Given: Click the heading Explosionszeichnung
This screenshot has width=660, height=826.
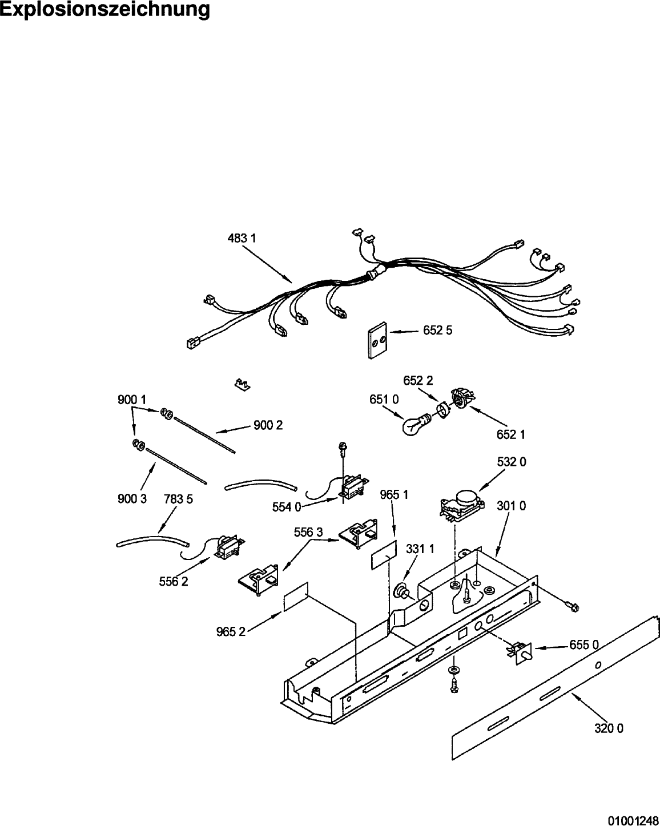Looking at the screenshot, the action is (x=105, y=9).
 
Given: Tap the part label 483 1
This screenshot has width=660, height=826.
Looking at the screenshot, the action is (x=242, y=239).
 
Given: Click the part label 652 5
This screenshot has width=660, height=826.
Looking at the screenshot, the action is (x=438, y=331).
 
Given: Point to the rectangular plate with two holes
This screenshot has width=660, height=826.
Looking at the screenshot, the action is (x=377, y=340).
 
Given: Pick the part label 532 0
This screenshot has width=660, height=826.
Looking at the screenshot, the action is (x=512, y=462).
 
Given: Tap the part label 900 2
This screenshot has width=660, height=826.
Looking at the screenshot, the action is (x=268, y=425).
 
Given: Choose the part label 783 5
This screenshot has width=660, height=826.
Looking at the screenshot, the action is (x=178, y=499).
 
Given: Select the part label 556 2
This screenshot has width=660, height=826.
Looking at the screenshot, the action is (x=174, y=582).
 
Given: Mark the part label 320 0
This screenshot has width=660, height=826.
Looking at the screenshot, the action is (x=609, y=728).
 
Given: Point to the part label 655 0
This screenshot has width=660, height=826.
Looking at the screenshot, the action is (x=584, y=645).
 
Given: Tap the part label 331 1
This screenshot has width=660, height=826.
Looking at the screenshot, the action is (x=420, y=549).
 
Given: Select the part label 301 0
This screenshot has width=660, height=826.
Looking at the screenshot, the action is (x=512, y=506).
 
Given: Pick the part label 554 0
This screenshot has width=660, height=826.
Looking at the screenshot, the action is (x=287, y=507).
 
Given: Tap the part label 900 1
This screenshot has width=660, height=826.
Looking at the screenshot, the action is (x=132, y=400).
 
